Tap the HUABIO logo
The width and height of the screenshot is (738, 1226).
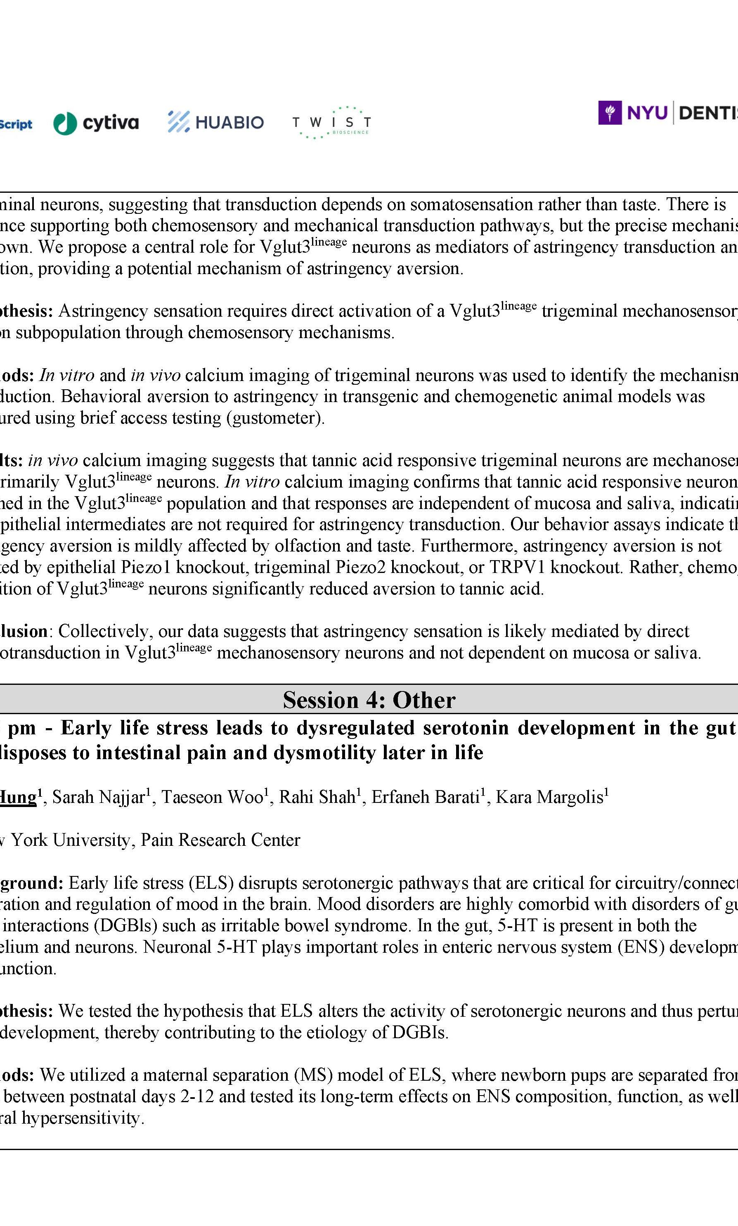pyautogui.click(x=215, y=122)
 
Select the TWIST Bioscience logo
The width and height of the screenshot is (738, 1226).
pyautogui.click(x=331, y=122)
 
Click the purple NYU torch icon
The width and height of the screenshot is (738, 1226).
pyautogui.click(x=609, y=113)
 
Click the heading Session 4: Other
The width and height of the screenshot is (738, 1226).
pyautogui.click(x=369, y=700)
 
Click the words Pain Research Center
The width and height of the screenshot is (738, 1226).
pyautogui.click(x=220, y=840)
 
